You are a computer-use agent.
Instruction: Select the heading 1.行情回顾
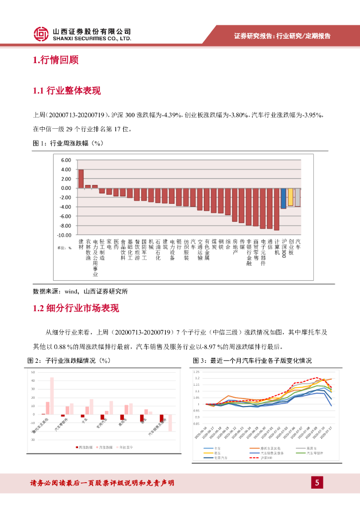(55, 61)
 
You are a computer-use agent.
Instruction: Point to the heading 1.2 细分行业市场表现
(76, 308)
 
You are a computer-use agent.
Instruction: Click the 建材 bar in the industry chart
(81, 179)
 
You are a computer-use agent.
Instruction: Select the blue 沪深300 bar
(283, 198)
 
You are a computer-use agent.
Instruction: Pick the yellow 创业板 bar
(290, 197)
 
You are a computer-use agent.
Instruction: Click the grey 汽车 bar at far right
(297, 197)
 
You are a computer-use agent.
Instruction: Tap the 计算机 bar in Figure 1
(276, 209)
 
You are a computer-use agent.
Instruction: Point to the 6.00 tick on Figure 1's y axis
(66, 161)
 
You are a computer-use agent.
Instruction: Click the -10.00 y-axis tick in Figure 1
(65, 235)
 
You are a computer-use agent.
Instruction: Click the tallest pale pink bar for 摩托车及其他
(52, 396)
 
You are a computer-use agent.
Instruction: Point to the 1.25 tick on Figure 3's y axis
(196, 372)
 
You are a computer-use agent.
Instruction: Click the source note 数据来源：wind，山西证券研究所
(80, 291)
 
